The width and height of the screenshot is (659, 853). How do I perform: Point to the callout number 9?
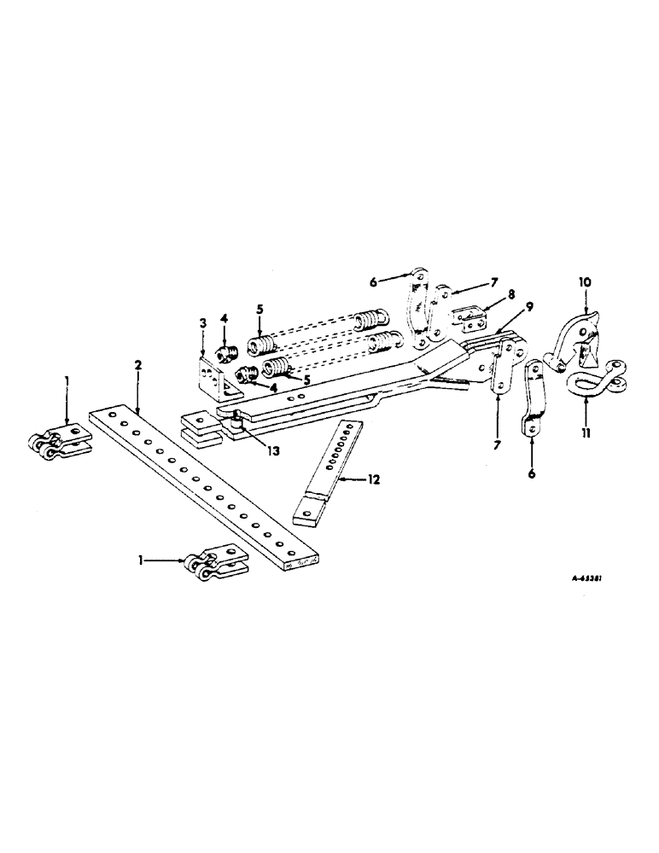[529, 306]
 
